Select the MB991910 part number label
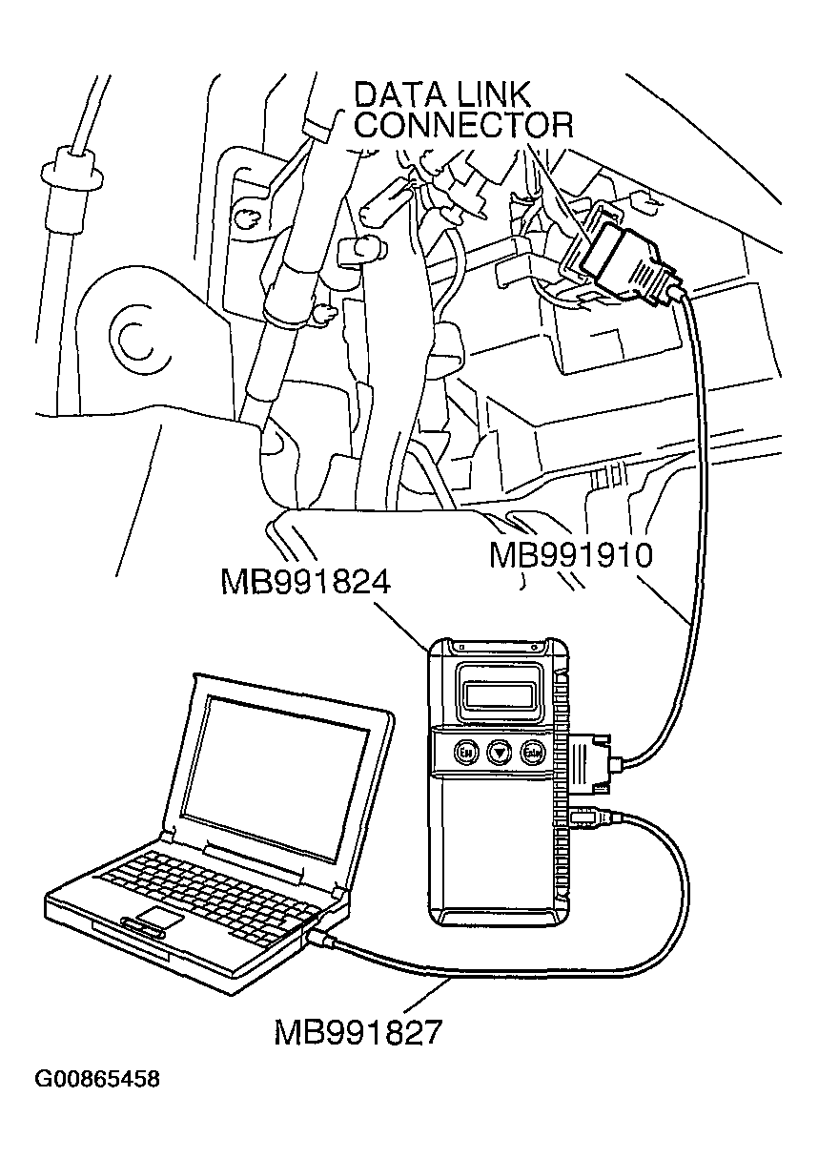pyautogui.click(x=570, y=555)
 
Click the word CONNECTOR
pyautogui.click(x=464, y=125)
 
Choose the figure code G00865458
pyautogui.click(x=97, y=1080)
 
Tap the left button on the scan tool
pyautogui.click(x=467, y=752)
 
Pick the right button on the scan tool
pyautogui.click(x=531, y=753)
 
